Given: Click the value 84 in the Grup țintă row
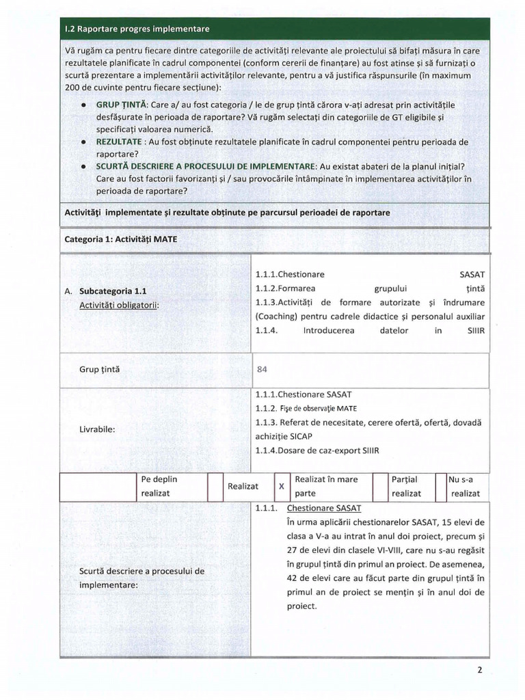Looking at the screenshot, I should pos(261,370).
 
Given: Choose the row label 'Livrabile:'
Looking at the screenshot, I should pos(97,429).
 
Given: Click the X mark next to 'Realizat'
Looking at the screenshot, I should pos(281,486).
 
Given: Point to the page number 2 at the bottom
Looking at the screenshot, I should pos(481,670).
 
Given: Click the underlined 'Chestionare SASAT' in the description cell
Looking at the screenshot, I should pos(324,509).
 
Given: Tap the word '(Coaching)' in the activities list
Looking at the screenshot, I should pos(277,317).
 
